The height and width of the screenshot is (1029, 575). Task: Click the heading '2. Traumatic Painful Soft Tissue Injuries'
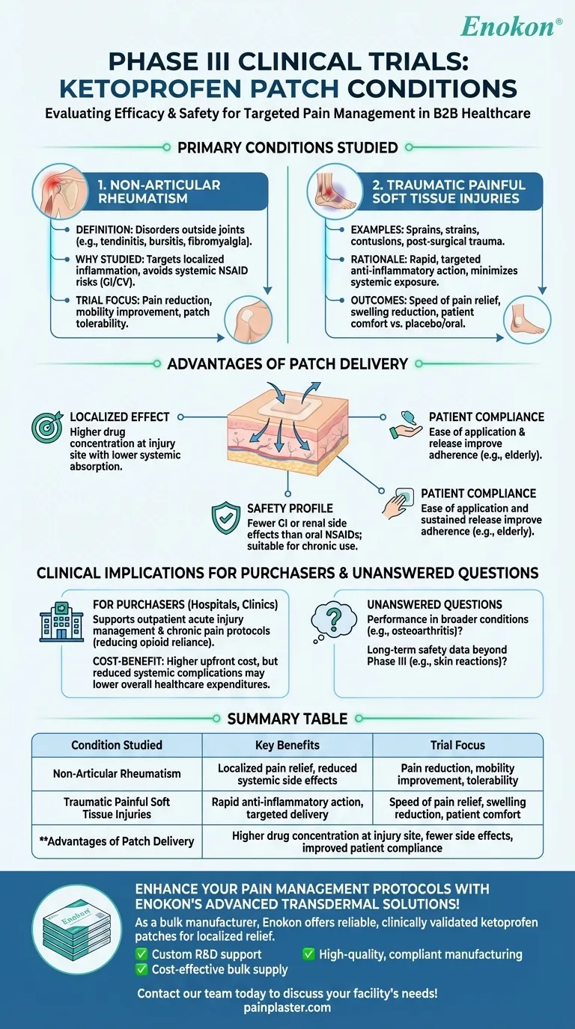(448, 191)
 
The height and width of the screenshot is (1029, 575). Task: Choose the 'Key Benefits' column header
(287, 745)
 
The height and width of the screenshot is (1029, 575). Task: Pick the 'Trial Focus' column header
(457, 745)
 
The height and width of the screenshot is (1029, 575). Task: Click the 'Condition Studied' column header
(117, 745)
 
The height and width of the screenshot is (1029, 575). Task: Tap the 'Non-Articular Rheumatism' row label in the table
(117, 774)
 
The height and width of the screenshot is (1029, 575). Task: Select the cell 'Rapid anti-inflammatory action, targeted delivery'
(287, 808)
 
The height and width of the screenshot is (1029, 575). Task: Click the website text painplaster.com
(287, 1007)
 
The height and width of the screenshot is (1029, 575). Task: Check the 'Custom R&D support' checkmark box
(141, 953)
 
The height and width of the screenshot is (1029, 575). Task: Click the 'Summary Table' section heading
(287, 719)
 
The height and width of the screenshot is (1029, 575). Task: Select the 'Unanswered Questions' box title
(424, 604)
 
